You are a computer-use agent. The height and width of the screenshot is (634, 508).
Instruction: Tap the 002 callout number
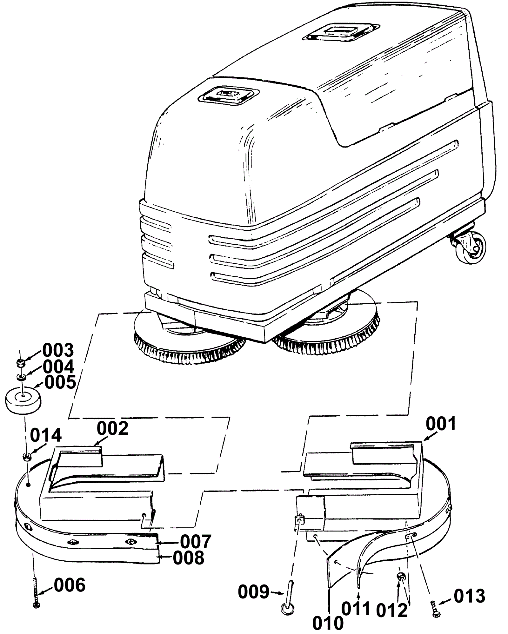point(112,428)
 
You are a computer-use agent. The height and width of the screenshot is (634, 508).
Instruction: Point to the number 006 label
point(70,585)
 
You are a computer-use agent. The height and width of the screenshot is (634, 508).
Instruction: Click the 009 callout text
point(254,592)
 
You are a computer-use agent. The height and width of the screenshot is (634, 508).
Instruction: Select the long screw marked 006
point(36,592)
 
